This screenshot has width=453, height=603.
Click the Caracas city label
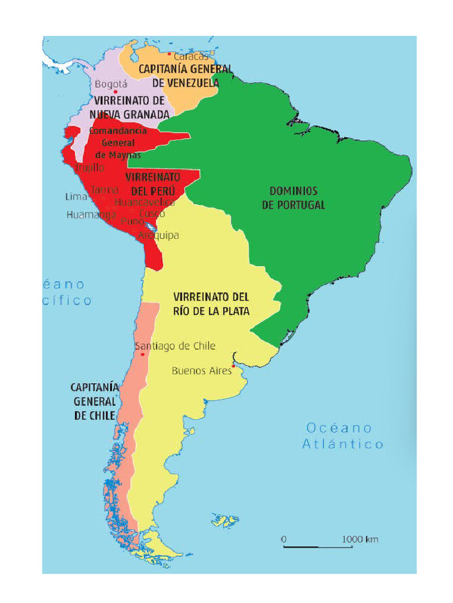tap(191, 57)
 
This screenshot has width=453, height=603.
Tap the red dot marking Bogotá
tap(116, 92)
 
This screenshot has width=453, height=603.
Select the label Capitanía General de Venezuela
tap(185, 76)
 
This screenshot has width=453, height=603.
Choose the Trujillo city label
tap(90, 168)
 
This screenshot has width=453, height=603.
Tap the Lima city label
tap(76, 197)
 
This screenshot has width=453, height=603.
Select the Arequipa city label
tap(158, 236)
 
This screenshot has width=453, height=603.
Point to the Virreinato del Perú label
tap(152, 184)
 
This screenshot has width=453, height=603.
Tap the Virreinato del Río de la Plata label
tap(211, 303)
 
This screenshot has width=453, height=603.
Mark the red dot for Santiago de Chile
tap(143, 354)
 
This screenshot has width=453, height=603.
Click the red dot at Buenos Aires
tap(234, 366)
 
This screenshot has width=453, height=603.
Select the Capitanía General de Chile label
tap(95, 401)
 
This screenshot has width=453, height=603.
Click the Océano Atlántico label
tap(343, 436)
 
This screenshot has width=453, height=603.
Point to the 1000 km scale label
tap(360, 539)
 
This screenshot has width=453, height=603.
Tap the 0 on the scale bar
tap(284, 539)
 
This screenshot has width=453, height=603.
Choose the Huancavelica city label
tap(145, 202)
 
